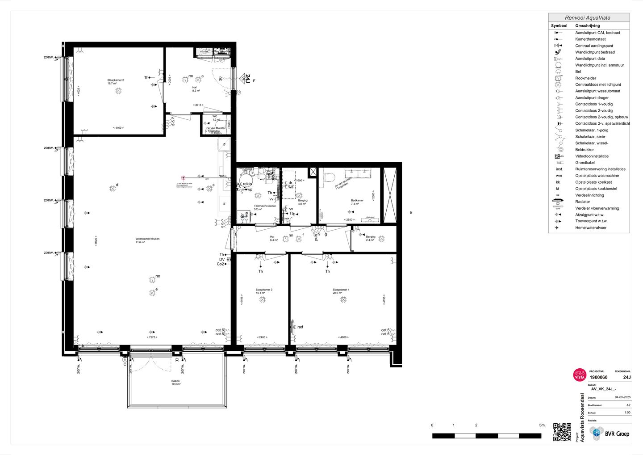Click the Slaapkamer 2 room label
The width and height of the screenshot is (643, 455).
(115, 80)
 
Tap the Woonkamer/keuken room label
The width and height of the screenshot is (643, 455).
(147, 239)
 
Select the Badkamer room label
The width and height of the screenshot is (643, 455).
(357, 201)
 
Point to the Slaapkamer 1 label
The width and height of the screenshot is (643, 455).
(341, 290)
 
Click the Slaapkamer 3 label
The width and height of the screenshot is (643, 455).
(264, 290)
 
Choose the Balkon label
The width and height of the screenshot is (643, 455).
(175, 381)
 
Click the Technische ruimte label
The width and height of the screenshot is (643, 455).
(265, 206)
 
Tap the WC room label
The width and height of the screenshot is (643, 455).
(215, 116)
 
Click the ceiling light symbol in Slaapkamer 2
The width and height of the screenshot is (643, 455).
(118, 91)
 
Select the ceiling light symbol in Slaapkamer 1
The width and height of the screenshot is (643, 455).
(343, 299)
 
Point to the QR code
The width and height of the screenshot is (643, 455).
(562, 432)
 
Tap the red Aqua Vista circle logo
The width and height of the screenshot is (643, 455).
(579, 375)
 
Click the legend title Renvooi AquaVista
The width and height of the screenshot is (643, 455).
(588, 18)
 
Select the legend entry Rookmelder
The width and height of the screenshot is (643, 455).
(585, 78)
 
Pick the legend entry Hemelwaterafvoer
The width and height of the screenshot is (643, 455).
(591, 228)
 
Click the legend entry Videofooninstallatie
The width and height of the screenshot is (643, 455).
(592, 156)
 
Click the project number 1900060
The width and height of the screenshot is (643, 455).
(598, 378)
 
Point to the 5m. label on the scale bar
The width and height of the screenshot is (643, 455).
(542, 425)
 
